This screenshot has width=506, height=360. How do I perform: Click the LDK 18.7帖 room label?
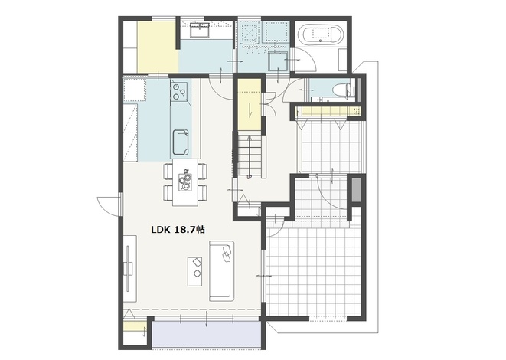tap(178, 230)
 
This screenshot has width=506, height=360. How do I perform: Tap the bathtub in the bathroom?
tap(321, 34)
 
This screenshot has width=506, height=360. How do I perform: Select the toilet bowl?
tap(341, 90)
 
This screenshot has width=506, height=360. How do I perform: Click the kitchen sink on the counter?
tap(181, 142)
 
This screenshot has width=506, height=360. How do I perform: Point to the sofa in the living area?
tap(221, 270)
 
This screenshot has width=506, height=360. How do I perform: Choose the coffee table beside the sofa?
tap(195, 272)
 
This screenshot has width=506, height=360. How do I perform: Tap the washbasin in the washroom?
tap(200, 31)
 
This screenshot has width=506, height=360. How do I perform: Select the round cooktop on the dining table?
tap(185, 182)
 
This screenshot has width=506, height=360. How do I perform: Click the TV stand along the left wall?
tap(130, 269)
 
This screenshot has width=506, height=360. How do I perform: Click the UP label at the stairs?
tap(249, 177)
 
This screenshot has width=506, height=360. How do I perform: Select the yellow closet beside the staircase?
tap(250, 105)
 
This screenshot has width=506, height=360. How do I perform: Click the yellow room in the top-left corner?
tap(158, 47)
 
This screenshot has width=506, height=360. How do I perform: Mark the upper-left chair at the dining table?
tap(168, 172)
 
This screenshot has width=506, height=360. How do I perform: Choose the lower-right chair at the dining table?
tap(202, 193)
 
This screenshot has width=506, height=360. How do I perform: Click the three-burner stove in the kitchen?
tap(180, 91)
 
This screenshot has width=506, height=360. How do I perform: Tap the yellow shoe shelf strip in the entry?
tap(328, 111)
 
